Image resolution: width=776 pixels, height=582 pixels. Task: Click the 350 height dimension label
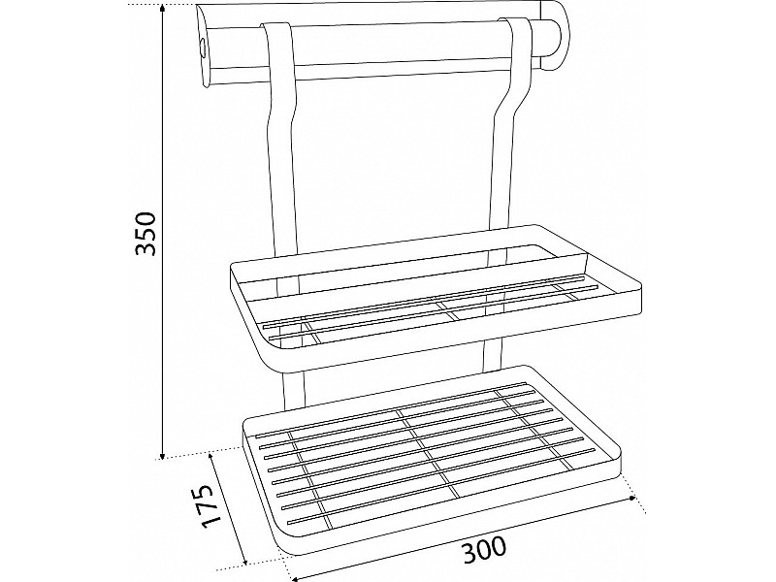146,234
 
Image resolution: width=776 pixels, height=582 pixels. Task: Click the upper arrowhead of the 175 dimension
212,456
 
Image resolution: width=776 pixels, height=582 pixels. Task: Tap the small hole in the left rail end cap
203,47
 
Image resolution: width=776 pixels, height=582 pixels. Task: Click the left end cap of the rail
205,47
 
